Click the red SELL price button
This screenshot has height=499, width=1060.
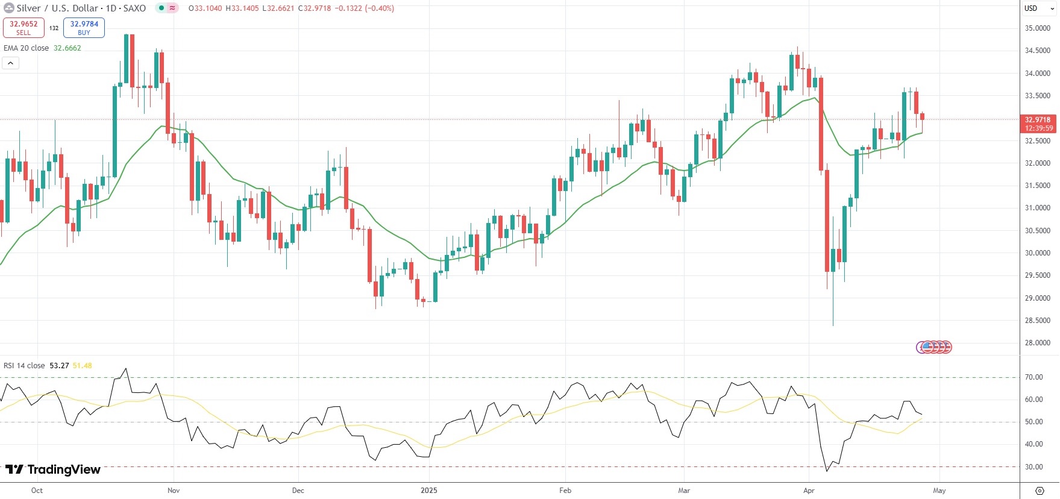coord(24,28)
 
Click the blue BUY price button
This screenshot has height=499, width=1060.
coord(84,28)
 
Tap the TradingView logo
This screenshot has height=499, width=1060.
coord(53,469)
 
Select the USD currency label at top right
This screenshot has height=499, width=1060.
coord(1031,8)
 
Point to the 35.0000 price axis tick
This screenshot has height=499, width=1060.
coord(1038,28)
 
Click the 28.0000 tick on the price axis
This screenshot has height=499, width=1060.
coord(1038,343)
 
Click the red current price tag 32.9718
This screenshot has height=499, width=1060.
coord(1038,124)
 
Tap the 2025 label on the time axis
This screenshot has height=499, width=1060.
coord(429,491)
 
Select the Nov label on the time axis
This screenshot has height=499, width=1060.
coord(174,491)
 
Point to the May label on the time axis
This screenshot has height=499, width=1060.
coord(939,491)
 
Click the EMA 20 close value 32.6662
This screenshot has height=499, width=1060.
coord(67,48)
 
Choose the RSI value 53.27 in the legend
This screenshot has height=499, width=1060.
coord(59,366)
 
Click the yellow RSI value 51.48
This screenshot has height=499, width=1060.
coord(83,366)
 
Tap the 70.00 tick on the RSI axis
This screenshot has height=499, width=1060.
coord(1034,377)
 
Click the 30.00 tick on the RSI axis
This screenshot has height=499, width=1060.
coord(1034,467)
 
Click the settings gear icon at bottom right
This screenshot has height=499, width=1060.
coord(1040,491)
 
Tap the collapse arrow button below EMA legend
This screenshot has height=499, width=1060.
coord(11,63)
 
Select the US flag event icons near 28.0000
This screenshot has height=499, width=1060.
coord(934,347)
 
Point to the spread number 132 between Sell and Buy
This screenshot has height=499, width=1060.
coord(54,28)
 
